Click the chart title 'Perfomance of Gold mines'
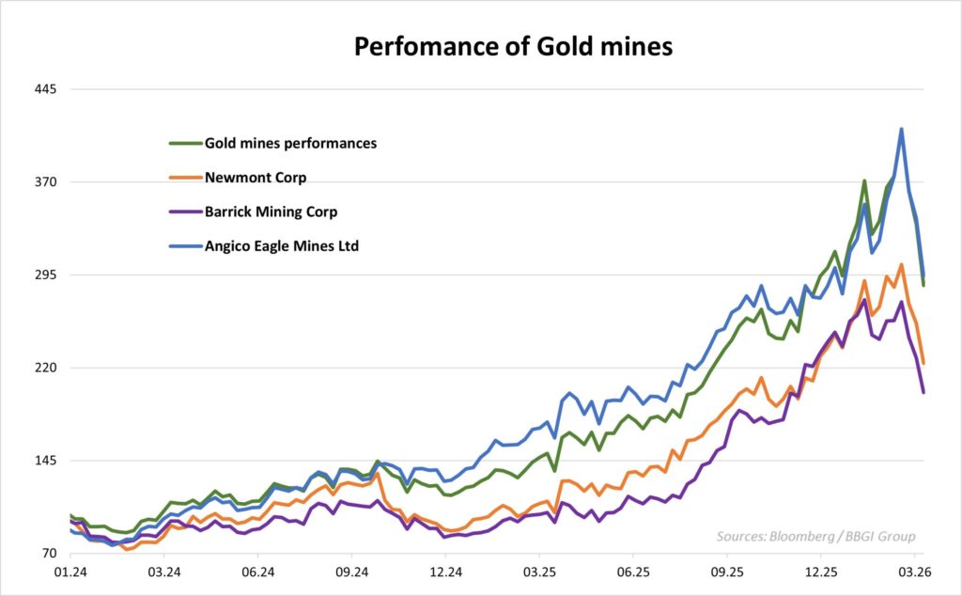click(x=513, y=46)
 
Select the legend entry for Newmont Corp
click(x=256, y=178)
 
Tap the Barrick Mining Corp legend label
click(x=271, y=212)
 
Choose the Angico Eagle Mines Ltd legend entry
click(x=282, y=246)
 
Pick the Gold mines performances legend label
click(x=290, y=144)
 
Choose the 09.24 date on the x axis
click(x=351, y=572)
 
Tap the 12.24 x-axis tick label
click(x=445, y=572)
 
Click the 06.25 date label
click(x=633, y=572)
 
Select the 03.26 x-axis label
click(x=915, y=572)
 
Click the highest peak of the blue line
click(x=901, y=130)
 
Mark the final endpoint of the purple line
click(x=923, y=392)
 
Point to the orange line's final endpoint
click(x=923, y=363)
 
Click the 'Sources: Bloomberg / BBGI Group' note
click(x=815, y=537)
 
